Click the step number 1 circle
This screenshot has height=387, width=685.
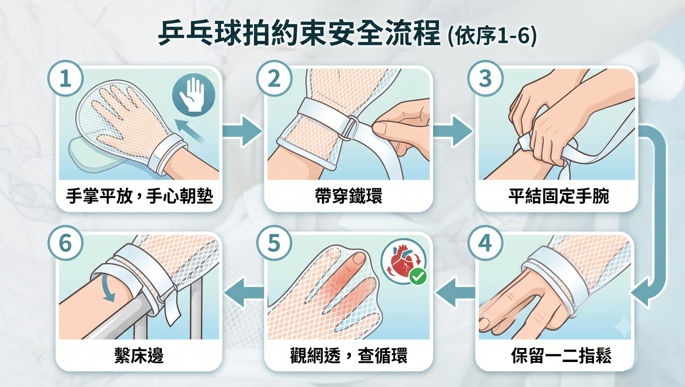(x=66, y=78)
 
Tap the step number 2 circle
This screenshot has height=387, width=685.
(x=274, y=78)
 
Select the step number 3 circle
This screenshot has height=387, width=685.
(x=485, y=78)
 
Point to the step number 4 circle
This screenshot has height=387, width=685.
(x=485, y=243)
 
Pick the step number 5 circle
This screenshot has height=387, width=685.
(x=274, y=243)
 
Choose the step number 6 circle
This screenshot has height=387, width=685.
(x=66, y=243)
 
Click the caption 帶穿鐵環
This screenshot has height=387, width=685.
(x=349, y=196)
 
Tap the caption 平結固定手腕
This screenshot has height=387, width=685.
(x=559, y=196)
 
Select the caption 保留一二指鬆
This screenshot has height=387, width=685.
(x=561, y=356)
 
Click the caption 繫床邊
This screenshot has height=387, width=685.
(x=139, y=356)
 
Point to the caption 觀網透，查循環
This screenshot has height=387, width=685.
(x=349, y=356)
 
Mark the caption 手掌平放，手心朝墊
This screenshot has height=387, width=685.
(x=139, y=196)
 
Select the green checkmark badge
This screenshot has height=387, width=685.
(x=418, y=276)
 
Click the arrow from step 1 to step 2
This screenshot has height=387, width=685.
(x=243, y=131)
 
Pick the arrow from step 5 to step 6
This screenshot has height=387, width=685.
(x=244, y=293)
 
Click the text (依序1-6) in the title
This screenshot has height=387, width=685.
(x=492, y=35)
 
